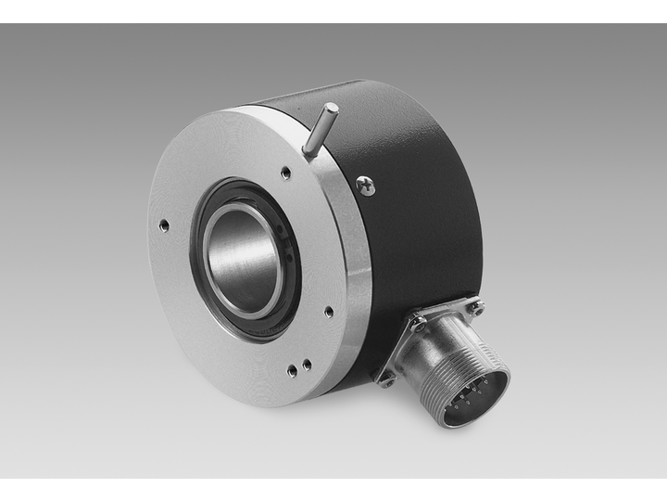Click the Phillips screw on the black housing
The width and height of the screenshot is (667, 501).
pyautogui.click(x=366, y=185)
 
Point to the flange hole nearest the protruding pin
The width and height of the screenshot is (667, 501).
pyautogui.click(x=285, y=173)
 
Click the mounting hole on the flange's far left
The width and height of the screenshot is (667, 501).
pyautogui.click(x=164, y=225)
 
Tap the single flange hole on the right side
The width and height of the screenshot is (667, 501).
pyautogui.click(x=328, y=312)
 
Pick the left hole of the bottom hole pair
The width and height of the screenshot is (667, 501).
pyautogui.click(x=292, y=370)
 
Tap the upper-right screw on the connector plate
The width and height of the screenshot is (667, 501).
pyautogui.click(x=475, y=305)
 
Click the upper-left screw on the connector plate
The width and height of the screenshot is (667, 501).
pyautogui.click(x=417, y=321)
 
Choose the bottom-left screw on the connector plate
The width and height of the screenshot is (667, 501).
pyautogui.click(x=387, y=379)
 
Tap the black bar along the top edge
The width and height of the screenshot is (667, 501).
pyautogui.click(x=333, y=11)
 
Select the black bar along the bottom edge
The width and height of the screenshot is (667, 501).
pyautogui.click(x=333, y=489)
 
